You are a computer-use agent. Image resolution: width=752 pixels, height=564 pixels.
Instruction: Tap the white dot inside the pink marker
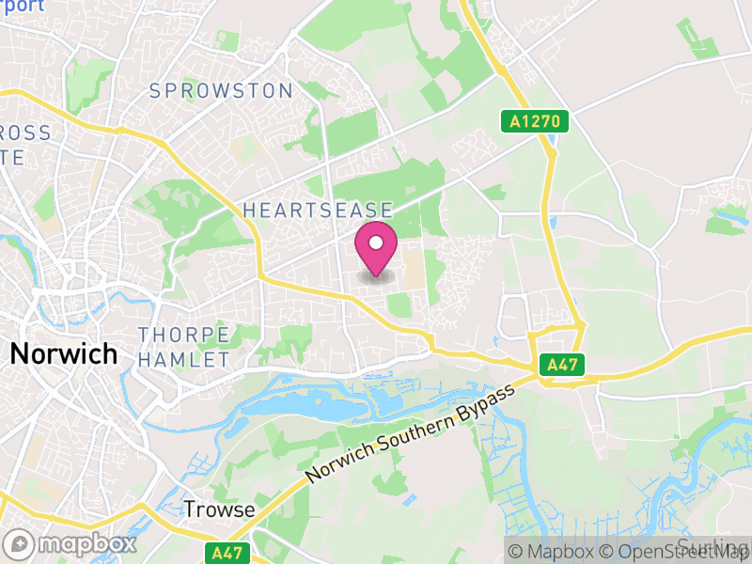click(376, 243)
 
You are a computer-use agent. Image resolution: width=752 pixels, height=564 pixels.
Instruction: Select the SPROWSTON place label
click(221, 91)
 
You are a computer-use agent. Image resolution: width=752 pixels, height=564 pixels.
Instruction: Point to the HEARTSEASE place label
click(317, 211)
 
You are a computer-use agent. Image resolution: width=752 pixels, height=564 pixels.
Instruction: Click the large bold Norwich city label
click(64, 354)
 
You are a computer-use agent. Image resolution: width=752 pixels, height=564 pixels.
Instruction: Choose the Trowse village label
click(219, 509)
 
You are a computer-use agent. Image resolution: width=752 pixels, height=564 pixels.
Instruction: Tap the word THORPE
click(183, 335)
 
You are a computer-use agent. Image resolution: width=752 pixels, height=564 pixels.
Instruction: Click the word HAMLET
click(183, 359)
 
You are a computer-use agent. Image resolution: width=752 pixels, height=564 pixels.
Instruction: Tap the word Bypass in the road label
click(493, 396)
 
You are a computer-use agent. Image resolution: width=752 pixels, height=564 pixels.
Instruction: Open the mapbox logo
click(70, 543)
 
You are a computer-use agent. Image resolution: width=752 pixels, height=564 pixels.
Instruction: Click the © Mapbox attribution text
click(548, 552)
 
